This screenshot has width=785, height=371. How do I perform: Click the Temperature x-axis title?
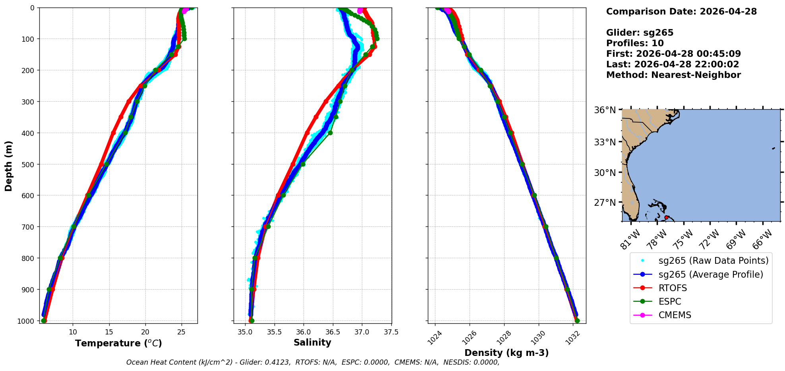(118, 343)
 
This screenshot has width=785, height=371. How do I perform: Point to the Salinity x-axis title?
(312, 342)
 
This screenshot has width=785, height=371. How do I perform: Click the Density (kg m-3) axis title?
(507, 353)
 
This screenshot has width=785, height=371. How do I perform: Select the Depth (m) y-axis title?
(9, 166)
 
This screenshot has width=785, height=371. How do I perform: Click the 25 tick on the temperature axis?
(181, 332)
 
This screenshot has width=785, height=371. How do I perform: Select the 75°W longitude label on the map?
(683, 239)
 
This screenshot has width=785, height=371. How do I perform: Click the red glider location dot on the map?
(666, 217)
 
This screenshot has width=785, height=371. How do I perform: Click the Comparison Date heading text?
(681, 12)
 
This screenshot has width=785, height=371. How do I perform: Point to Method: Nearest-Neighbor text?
(673, 75)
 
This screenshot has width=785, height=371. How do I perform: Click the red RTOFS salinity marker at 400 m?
(307, 133)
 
